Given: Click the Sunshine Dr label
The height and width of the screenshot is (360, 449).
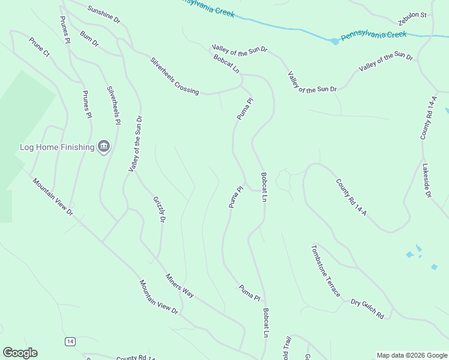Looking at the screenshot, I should (104, 15).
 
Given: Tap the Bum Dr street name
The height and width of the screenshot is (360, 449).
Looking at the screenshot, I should (89, 39).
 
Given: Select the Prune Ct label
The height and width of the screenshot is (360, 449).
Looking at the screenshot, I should (39, 47).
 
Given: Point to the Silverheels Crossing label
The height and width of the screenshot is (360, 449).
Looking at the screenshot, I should (174, 76).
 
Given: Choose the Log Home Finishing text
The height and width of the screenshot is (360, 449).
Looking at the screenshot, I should (57, 147).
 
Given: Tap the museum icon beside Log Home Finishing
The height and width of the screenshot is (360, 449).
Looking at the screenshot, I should (104, 146).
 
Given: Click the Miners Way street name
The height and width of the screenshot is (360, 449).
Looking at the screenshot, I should (180, 286).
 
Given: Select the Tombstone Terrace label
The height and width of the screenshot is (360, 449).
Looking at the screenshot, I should (325, 270).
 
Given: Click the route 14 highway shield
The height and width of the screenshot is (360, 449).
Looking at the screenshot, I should (71, 341).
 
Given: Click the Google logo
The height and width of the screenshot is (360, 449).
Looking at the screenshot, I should (20, 353).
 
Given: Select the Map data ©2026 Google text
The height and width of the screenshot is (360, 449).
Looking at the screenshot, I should (411, 355).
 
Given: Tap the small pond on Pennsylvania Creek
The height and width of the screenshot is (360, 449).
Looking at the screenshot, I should (334, 41).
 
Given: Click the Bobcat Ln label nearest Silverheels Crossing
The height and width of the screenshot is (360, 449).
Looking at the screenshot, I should (226, 64).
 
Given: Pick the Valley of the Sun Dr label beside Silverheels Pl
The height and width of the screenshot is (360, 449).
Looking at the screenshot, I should (135, 144).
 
